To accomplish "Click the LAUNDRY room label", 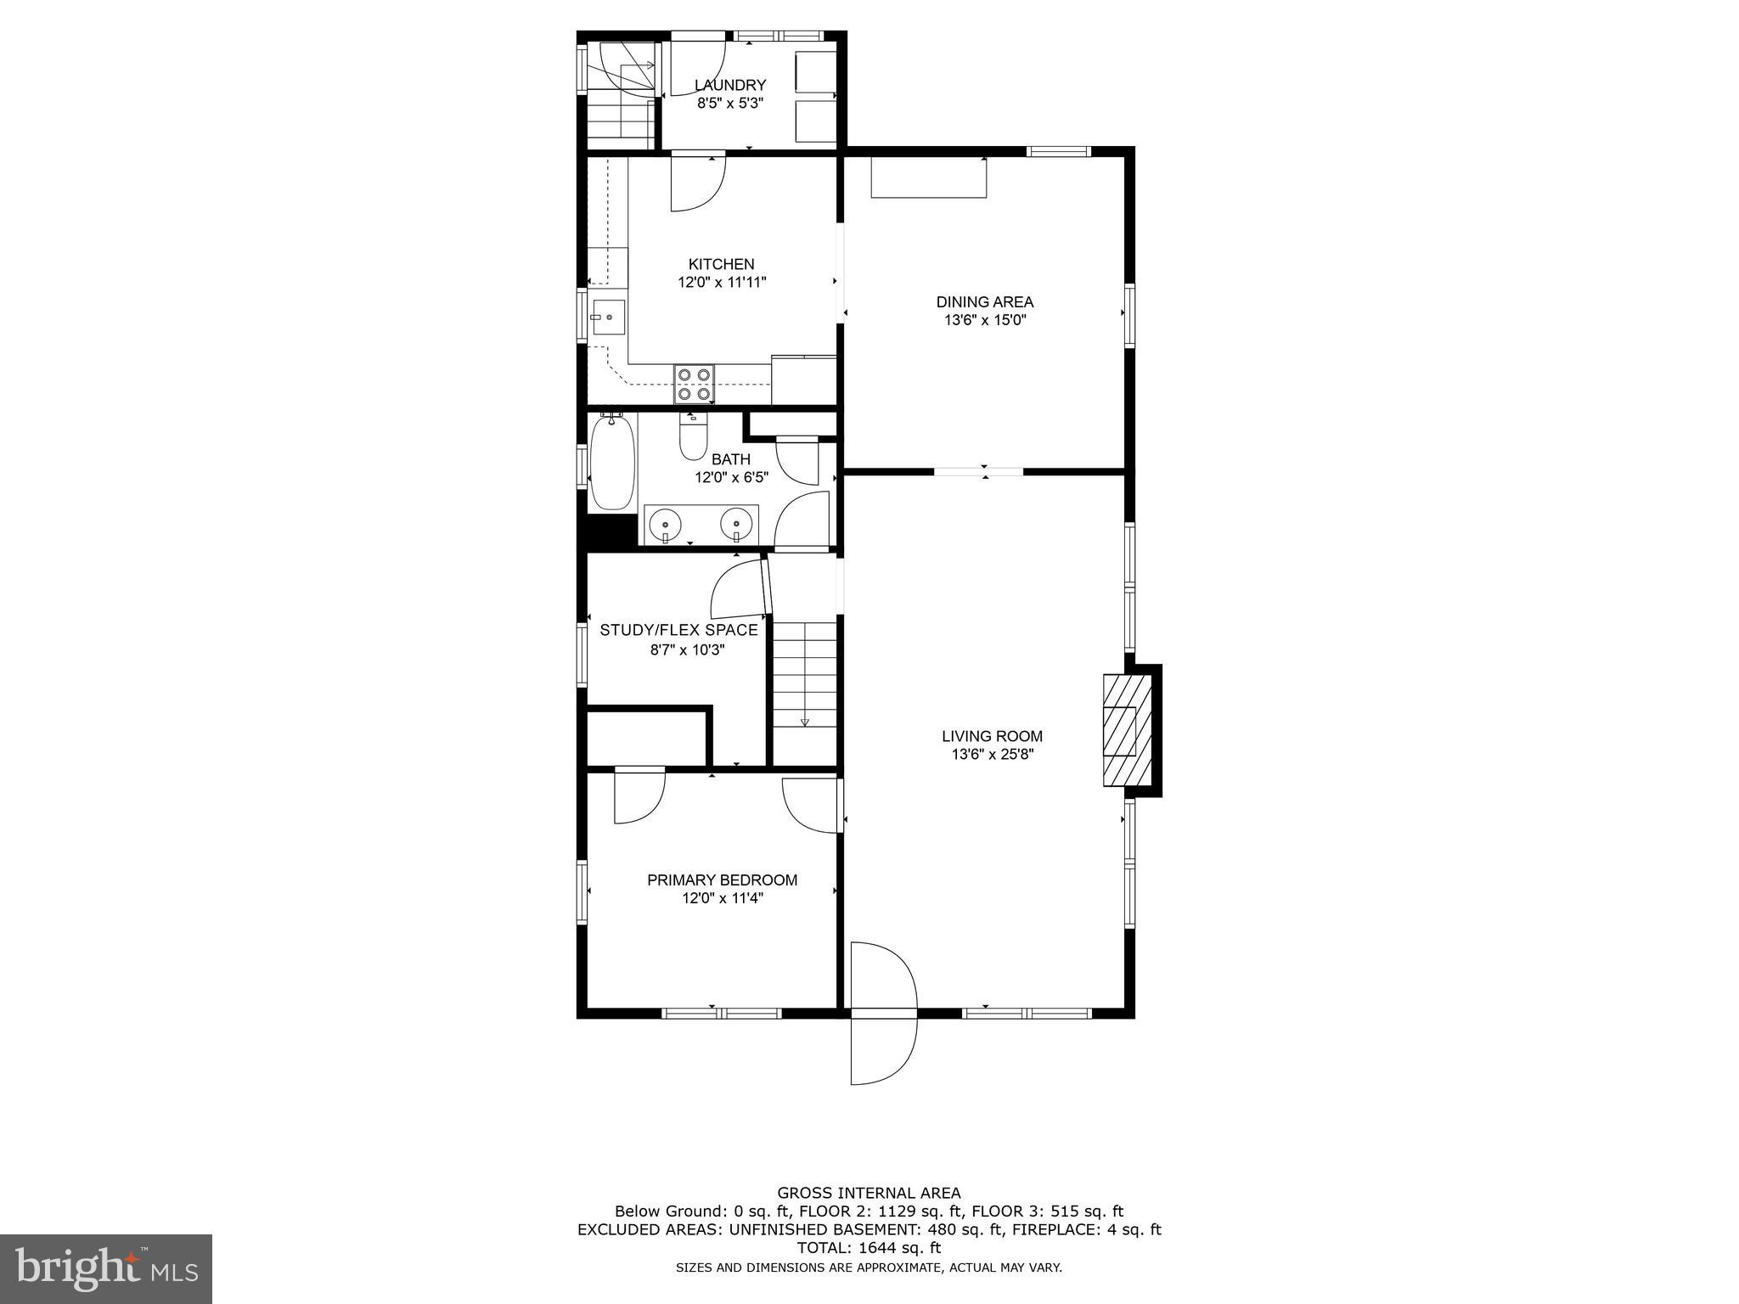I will point(730,85).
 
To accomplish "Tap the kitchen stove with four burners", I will point(694,384).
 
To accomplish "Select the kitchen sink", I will point(608,318).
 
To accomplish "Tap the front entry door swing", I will point(883,1010).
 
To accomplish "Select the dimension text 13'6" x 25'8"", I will point(992,754).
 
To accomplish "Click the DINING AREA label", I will point(984,301).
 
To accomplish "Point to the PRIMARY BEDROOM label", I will point(722,880).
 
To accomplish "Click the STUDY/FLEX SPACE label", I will point(678,630).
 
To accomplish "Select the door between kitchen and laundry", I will point(696,183).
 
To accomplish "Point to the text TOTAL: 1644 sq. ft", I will point(868,1248).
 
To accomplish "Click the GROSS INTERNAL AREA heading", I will point(869,1193).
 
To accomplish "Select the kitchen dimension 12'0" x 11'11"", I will point(722,283).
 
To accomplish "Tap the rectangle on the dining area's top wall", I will point(929,177).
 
